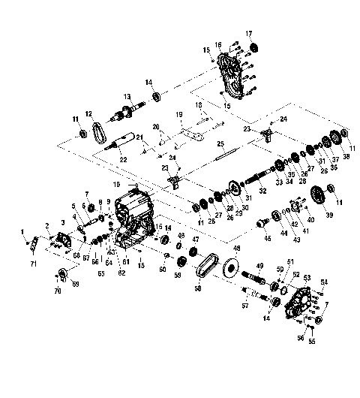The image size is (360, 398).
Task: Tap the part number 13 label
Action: pos(127,97)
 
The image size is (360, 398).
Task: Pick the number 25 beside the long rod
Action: pos(220,143)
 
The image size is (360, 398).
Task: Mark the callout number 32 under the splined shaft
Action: pos(262,191)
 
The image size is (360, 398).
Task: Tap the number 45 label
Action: pos(266,239)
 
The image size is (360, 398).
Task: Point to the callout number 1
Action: pos(23,231)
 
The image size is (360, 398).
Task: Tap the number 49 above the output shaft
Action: pos(260,267)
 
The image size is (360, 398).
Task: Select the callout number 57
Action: pos(243,306)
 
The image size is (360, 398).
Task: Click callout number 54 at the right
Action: pos(324,282)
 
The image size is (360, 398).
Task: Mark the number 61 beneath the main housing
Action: pos(125,262)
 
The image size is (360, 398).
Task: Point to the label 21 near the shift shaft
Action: pos(139,136)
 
